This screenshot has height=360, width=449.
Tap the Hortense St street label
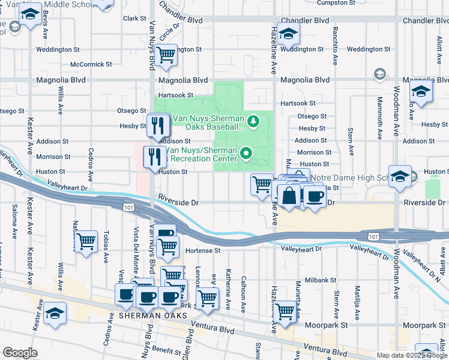pos(203,250)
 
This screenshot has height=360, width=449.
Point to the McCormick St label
pos(91,64)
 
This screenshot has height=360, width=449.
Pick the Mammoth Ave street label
pos(379,117)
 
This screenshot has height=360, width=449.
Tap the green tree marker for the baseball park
pos(254,122)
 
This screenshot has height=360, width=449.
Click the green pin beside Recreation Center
pos(246,155)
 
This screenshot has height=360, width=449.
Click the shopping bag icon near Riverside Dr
pos(289,196)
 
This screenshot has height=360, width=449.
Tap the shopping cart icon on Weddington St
pos(166,55)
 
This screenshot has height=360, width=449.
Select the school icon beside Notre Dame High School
pos(400,177)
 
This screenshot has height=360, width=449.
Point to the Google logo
pos(20,353)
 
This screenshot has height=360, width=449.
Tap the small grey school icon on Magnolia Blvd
pos(379,74)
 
